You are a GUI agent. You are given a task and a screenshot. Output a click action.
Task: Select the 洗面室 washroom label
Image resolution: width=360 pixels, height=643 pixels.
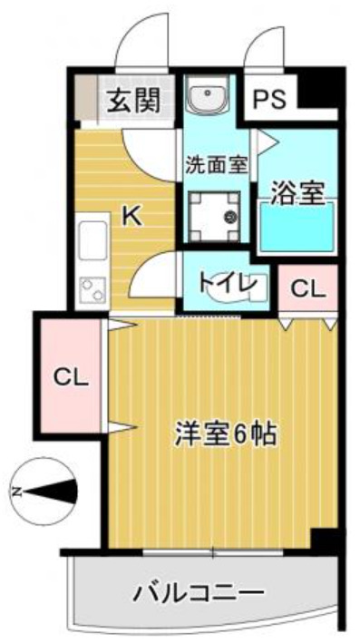(x=216, y=165)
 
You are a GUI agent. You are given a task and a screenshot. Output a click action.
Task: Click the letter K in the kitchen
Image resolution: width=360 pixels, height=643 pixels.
(x=131, y=216)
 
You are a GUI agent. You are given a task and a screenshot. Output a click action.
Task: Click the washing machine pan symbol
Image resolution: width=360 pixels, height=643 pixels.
(x=218, y=214)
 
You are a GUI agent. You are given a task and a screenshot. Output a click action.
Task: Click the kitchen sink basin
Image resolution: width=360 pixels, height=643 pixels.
(x=92, y=242)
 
